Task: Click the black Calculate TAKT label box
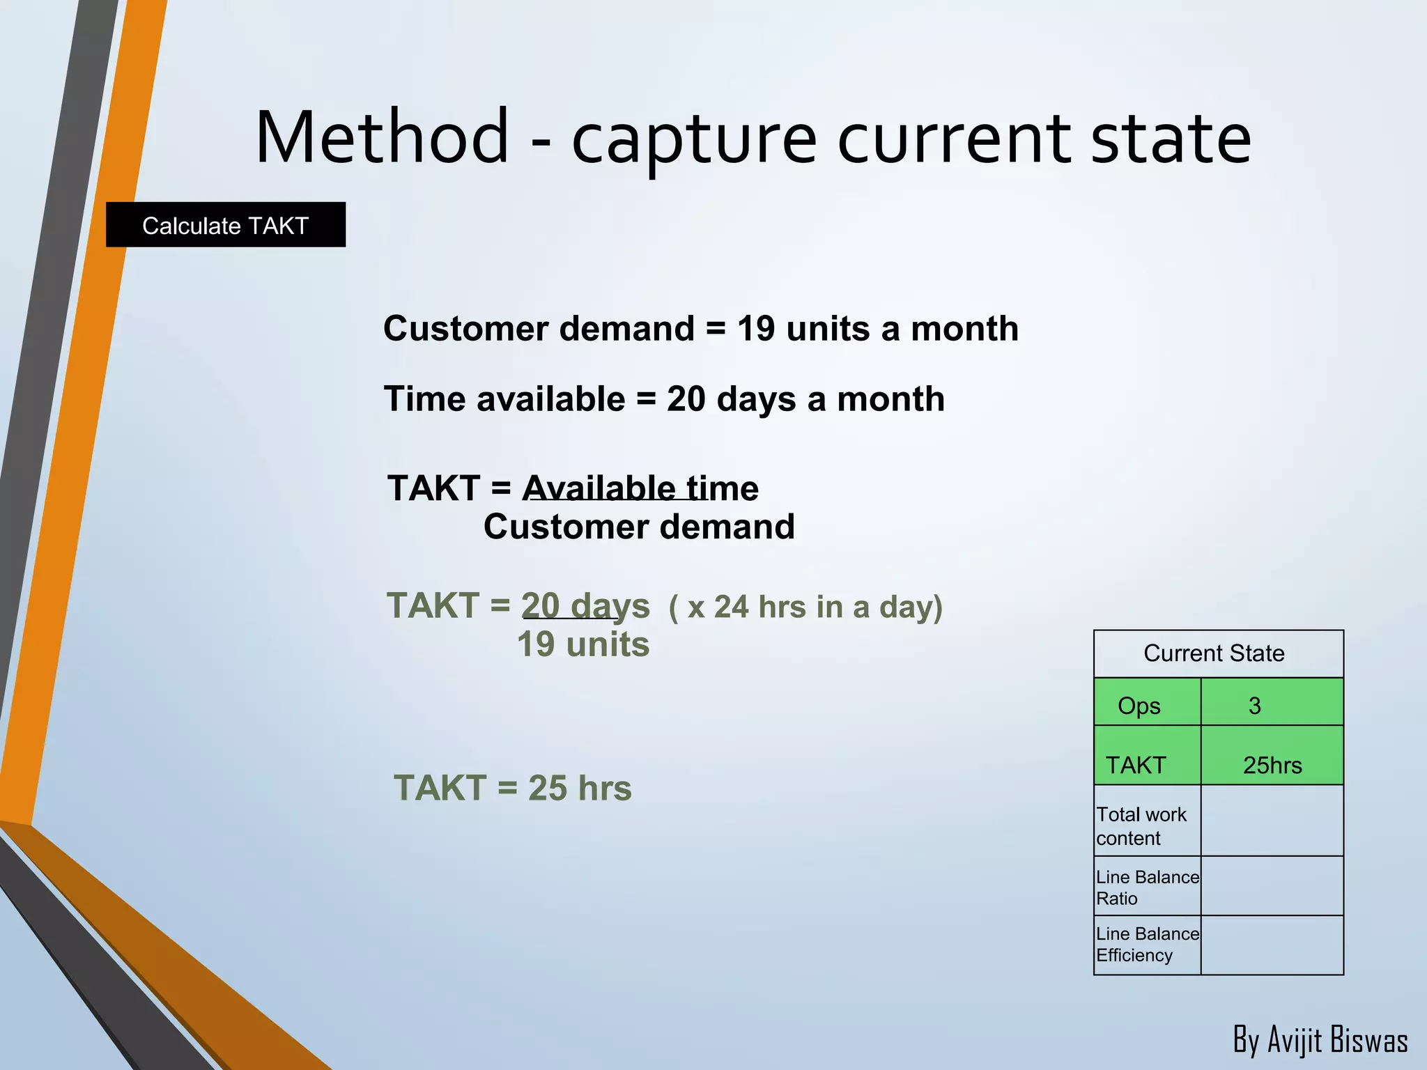[x=225, y=224]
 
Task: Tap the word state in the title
[x=1171, y=139]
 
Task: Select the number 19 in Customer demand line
[x=756, y=329]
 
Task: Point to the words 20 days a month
[x=805, y=400]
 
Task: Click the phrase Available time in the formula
[x=640, y=488]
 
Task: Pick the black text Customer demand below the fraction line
[x=639, y=527]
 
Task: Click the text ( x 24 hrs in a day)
[x=805, y=607]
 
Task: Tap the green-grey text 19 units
[x=583, y=644]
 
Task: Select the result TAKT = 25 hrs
[x=513, y=789]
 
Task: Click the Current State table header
[x=1214, y=653]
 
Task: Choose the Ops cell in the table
[x=1139, y=706]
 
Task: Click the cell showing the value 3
[x=1254, y=706]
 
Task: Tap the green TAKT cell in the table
[x=1136, y=764]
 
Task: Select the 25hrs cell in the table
[x=1272, y=765]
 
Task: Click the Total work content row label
[x=1141, y=825]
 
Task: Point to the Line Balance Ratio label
[x=1146, y=887]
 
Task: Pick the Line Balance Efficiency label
[x=1146, y=944]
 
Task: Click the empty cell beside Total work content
[x=1272, y=821]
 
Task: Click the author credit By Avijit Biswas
[x=1320, y=1040]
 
